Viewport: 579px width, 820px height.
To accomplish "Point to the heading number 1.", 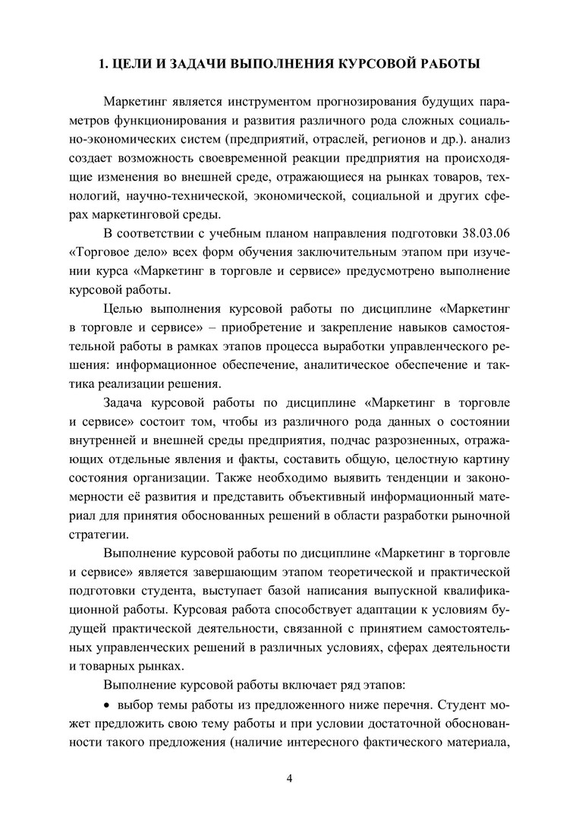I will coord(104,65).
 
